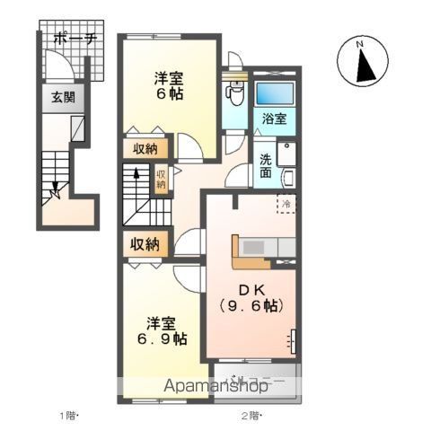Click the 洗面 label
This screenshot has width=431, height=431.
click(268, 165)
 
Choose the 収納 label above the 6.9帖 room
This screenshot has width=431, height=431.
click(144, 243)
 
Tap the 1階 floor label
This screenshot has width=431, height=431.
click(70, 415)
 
